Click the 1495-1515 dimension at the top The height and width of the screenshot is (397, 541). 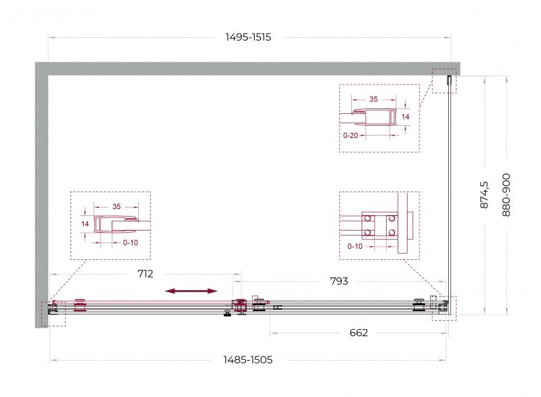tap(248, 37)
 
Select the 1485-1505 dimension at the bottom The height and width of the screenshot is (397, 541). tap(248, 360)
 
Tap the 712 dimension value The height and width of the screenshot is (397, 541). tap(145, 274)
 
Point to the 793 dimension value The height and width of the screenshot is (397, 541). tap(339, 281)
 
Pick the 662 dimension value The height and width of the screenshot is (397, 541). tap(359, 333)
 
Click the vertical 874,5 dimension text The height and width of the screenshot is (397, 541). tap(484, 195)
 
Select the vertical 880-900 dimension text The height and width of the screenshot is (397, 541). tap(506, 195)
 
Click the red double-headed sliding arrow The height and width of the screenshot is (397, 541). tap(191, 291)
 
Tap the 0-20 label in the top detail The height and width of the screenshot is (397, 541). tap(350, 136)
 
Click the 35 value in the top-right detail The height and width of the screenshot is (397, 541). tap(373, 99)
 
